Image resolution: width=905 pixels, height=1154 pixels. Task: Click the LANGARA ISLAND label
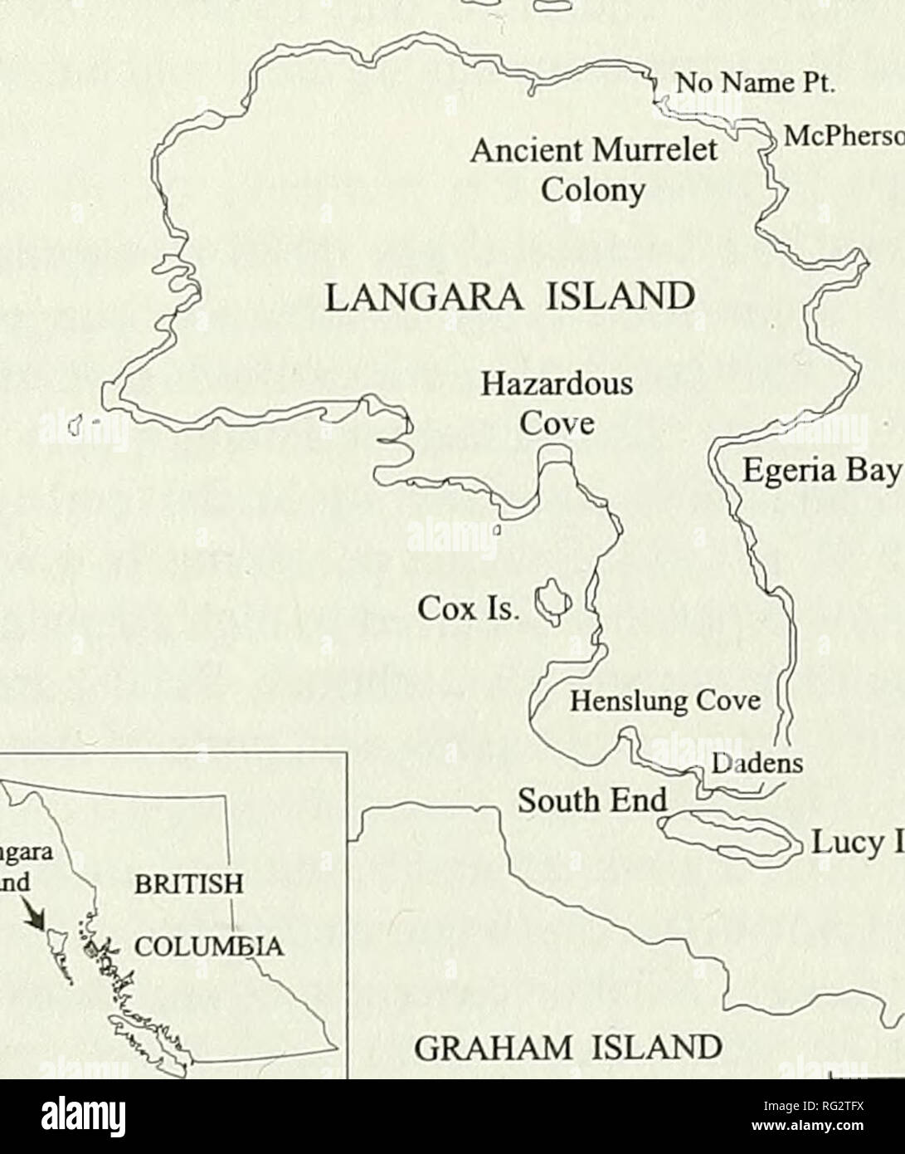[507, 296]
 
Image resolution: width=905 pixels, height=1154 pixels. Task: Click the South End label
[592, 800]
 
